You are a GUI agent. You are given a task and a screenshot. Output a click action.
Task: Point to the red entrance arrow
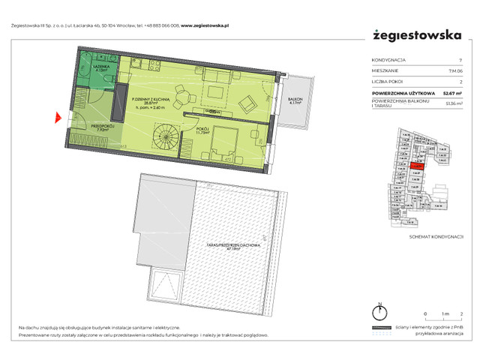(x=58, y=117)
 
